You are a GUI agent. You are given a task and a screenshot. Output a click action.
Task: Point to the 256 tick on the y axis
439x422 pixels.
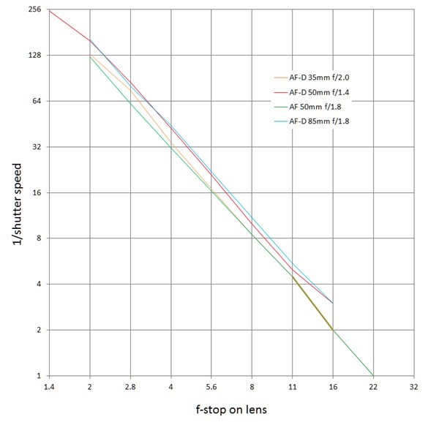(x=33, y=10)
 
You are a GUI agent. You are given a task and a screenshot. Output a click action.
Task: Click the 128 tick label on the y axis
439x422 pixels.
(x=33, y=55)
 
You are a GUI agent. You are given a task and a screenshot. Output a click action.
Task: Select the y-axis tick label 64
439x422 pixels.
(x=35, y=101)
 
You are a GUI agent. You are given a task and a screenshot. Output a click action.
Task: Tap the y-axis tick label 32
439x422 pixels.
(x=35, y=146)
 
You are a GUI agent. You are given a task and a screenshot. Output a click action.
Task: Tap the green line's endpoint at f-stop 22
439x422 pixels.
(x=373, y=376)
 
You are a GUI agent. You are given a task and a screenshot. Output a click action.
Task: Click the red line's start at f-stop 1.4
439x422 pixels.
(x=49, y=10)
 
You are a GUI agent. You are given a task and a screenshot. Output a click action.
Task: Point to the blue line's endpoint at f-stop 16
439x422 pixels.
(x=333, y=303)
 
